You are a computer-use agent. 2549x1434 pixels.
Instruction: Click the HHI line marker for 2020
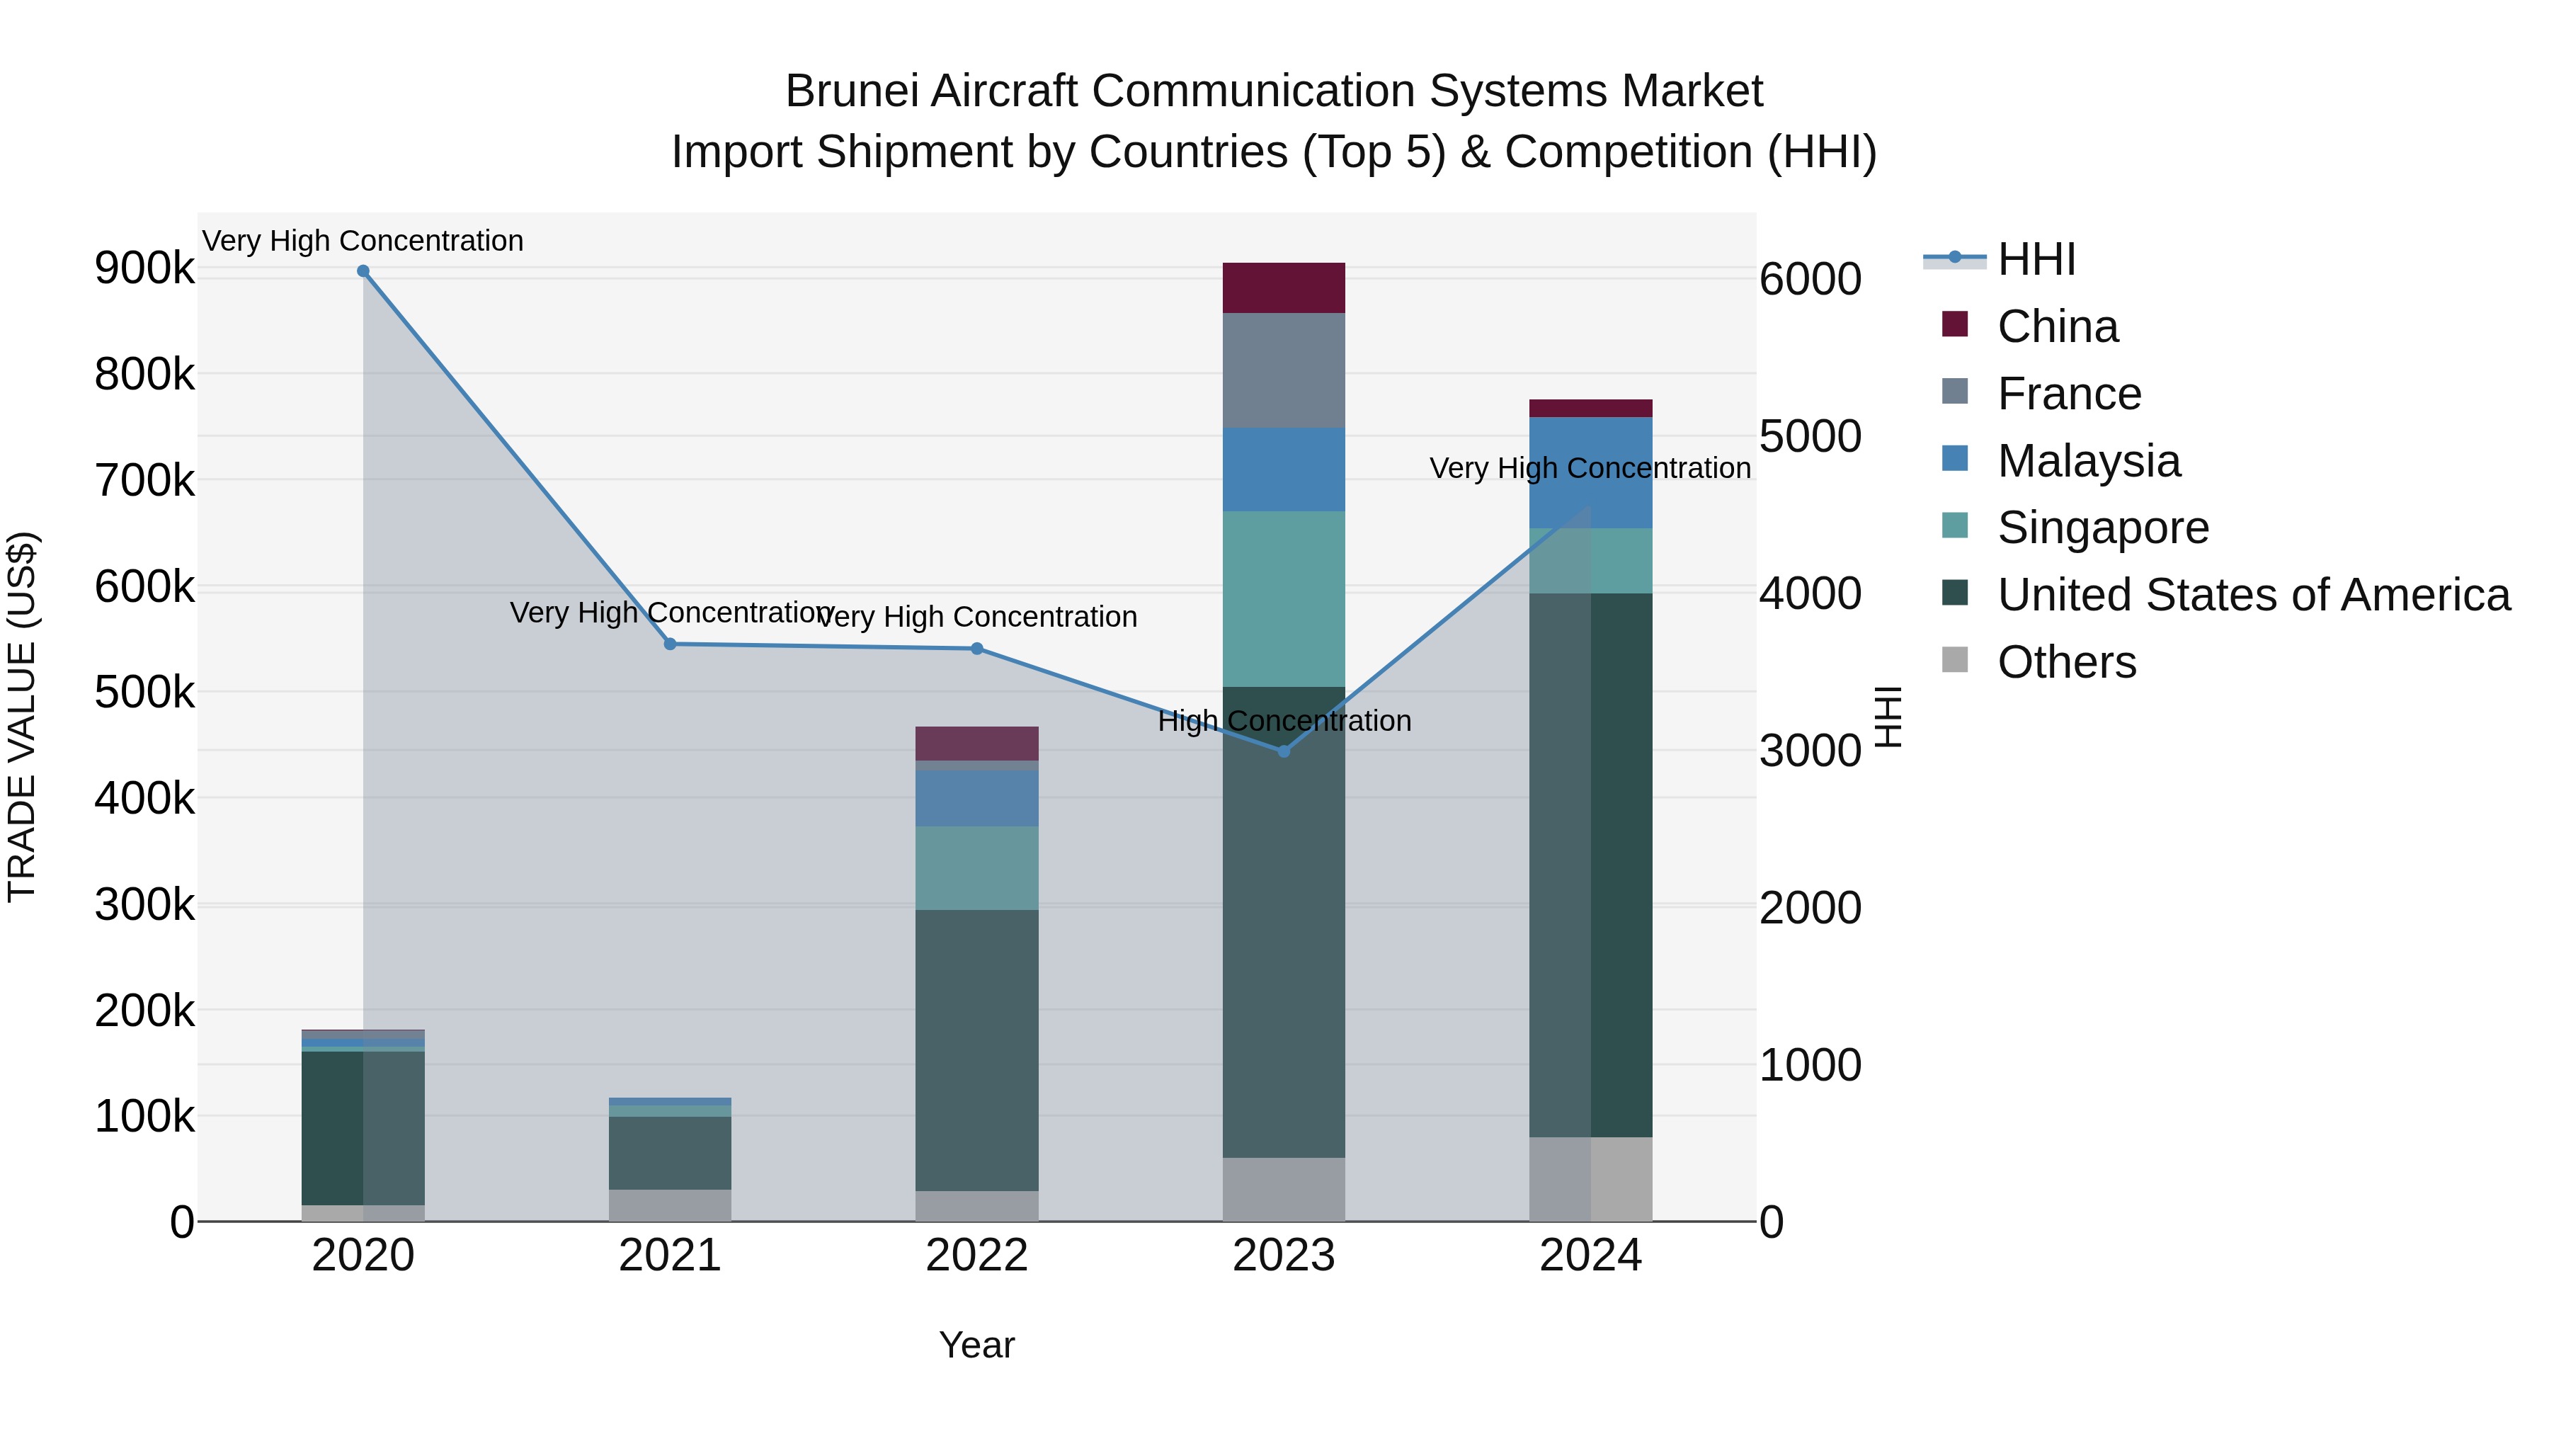pos(363,271)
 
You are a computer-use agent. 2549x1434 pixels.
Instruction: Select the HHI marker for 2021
pos(670,644)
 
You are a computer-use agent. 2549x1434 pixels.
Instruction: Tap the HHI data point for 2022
pos(976,649)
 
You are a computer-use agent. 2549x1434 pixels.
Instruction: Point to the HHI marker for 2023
pos(1284,751)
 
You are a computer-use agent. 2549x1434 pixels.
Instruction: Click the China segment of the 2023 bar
pos(1284,288)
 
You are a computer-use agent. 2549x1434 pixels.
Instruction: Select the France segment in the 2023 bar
pos(1284,370)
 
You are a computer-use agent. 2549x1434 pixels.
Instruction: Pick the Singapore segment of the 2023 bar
pos(1284,598)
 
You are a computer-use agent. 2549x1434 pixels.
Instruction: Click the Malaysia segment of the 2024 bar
pos(1590,473)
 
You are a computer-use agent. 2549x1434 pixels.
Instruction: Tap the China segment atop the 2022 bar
pos(976,744)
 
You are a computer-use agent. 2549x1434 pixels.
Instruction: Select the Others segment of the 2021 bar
pos(670,1205)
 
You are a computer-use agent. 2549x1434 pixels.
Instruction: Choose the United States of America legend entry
pos(2252,595)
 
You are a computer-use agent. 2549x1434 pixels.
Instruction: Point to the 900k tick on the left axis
pos(144,268)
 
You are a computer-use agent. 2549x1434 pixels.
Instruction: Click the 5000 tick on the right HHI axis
pos(1810,436)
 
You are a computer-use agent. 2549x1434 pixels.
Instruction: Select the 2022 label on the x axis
pos(976,1256)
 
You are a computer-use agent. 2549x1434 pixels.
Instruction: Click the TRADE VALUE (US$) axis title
pos(22,717)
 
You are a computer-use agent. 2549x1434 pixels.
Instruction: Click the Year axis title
pos(976,1345)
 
